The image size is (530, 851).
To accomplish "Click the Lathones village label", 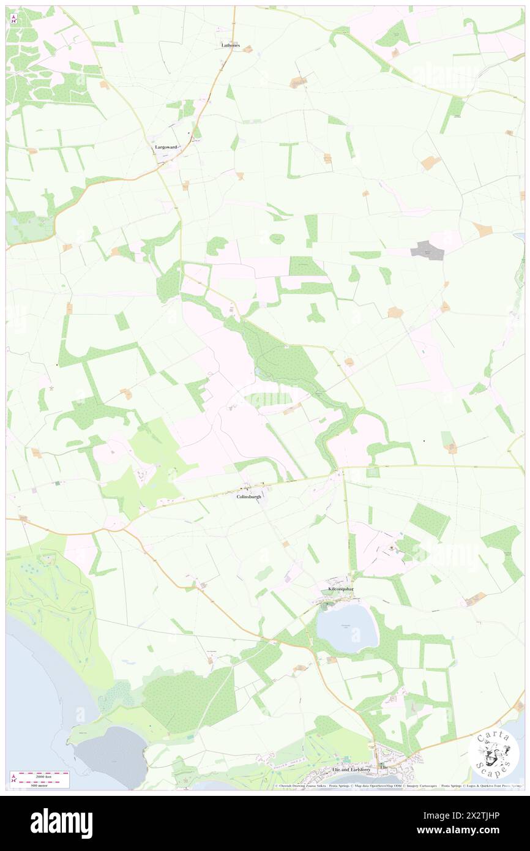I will pos(230,45).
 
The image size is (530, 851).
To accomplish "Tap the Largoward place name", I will pos(165,147).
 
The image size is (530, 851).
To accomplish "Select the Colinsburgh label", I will pos(248,497).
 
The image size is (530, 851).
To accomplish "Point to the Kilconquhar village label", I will pos(342,588).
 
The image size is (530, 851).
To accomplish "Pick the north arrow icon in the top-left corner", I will pos(14,18).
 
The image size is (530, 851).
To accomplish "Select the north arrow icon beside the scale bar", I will pos(14,778).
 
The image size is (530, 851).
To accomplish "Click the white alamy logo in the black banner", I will pos(61,823).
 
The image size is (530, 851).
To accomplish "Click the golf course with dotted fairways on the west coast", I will pos(49,588).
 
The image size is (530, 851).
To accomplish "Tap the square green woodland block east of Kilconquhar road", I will pos(428,520).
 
